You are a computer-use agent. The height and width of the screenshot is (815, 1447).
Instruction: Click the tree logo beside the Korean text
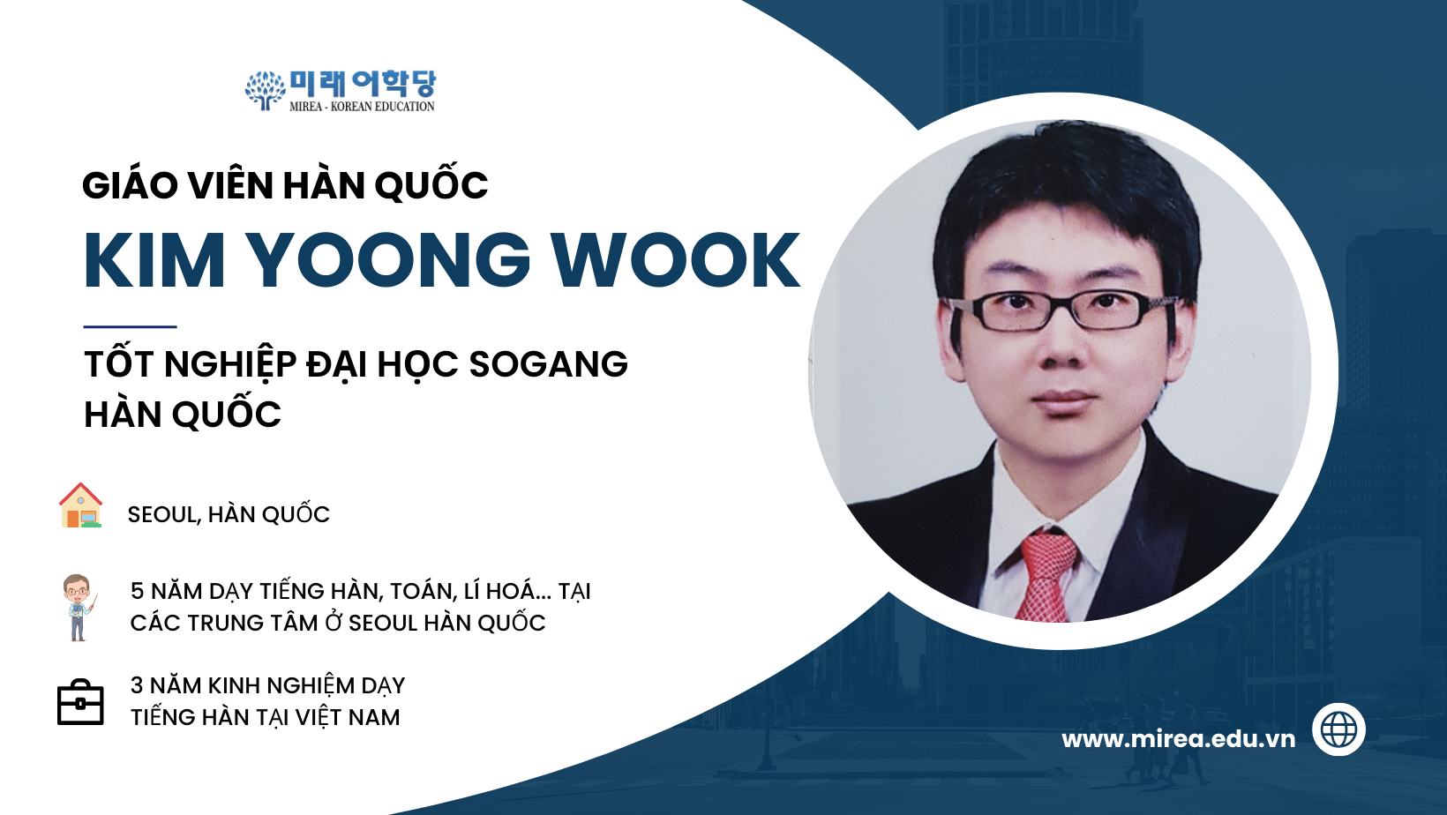[265, 90]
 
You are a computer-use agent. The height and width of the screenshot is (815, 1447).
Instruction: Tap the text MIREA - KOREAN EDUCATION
[362, 107]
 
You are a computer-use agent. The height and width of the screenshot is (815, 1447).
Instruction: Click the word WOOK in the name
[675, 259]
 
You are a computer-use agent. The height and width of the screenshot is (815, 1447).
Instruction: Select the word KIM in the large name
[154, 259]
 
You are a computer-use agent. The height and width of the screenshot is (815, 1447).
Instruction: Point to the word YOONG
[387, 259]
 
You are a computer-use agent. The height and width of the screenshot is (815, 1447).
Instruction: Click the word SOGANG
[549, 364]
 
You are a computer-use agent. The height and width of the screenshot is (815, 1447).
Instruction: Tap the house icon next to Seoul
[81, 505]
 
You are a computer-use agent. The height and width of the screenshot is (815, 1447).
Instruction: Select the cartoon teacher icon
[79, 608]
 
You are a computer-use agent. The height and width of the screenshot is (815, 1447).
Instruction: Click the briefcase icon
[80, 702]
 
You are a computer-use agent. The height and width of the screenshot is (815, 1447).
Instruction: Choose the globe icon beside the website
[1338, 729]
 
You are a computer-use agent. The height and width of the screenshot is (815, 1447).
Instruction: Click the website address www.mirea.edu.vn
[1178, 739]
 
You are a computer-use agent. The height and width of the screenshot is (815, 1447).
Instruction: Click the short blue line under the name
[131, 326]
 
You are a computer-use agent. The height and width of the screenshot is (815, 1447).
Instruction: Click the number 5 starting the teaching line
[137, 591]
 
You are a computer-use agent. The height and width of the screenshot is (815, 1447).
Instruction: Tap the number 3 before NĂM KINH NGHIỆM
[137, 685]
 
